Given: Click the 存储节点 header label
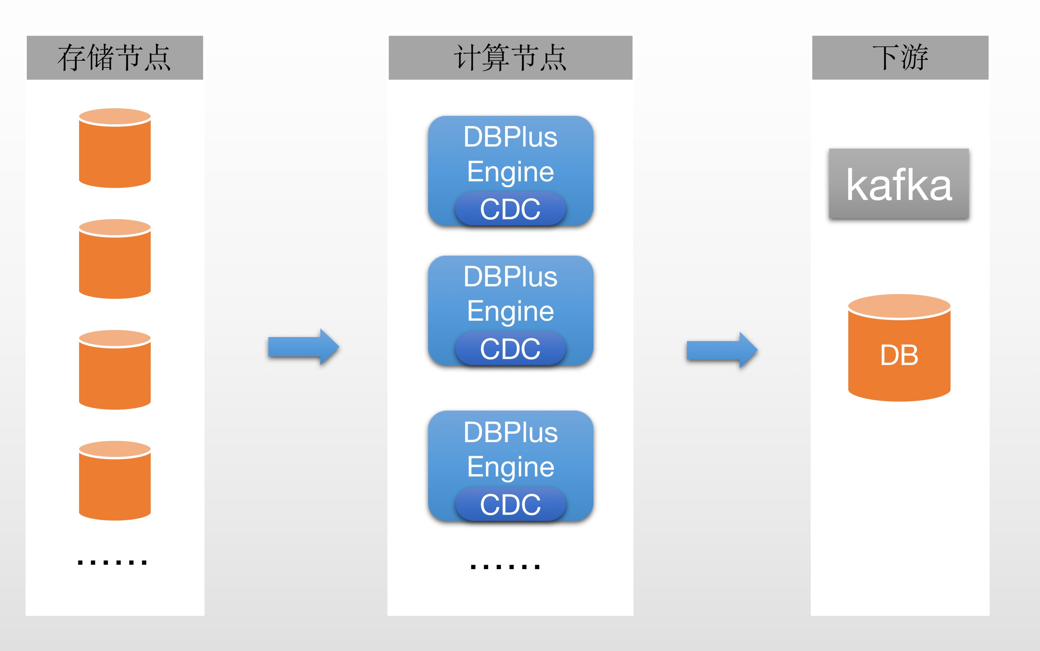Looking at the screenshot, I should (x=115, y=58).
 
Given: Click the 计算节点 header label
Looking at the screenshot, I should (x=510, y=58).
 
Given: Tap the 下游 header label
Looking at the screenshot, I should (x=900, y=58).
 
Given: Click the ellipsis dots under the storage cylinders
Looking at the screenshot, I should (x=112, y=562).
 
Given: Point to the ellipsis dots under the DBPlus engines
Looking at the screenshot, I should (x=505, y=567).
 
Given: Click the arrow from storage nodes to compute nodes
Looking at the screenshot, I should (x=303, y=347).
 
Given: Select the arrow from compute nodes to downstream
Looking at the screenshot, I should (x=721, y=350).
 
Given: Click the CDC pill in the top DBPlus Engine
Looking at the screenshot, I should (x=510, y=209).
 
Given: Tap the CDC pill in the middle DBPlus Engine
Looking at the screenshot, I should (x=510, y=349).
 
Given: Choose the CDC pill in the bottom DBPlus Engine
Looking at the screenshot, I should (x=510, y=504).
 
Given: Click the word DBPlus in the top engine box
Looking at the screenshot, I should (x=510, y=137).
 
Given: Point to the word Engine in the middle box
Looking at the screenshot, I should (x=510, y=311).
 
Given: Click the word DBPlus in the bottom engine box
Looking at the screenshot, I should (x=510, y=432).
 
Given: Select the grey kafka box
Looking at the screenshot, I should (x=899, y=184).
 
